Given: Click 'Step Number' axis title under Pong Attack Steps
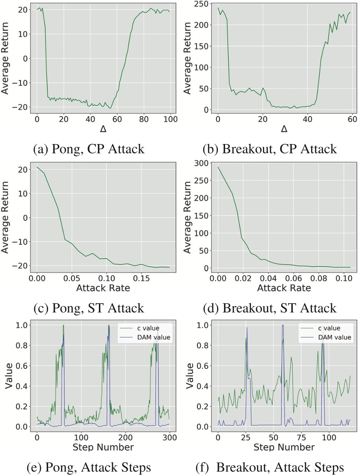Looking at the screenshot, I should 103,447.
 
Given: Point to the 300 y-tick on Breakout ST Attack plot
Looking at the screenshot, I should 203,163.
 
